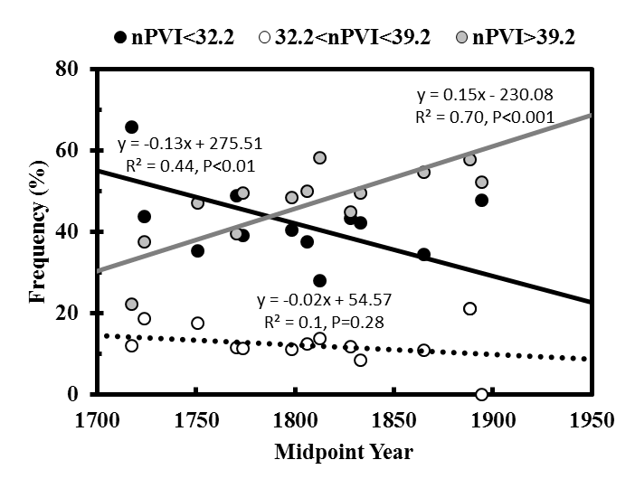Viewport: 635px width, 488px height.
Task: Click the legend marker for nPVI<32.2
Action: coord(121,38)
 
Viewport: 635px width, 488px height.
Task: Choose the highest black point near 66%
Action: coord(132,127)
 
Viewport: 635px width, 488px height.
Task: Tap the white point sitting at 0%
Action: coord(481,394)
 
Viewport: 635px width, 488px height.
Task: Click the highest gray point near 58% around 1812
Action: coord(319,157)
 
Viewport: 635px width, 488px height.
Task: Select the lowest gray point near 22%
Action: coord(132,305)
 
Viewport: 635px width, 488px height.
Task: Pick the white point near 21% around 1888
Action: coord(469,309)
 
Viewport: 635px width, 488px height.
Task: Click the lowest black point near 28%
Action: coord(319,281)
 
